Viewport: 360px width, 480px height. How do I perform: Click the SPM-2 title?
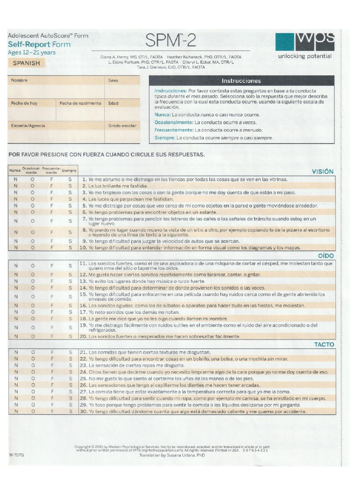pyautogui.click(x=171, y=41)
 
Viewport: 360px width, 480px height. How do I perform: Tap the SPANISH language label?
pyautogui.click(x=26, y=63)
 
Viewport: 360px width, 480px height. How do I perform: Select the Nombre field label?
pyautogui.click(x=20, y=81)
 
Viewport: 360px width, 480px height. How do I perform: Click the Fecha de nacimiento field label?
pyautogui.click(x=80, y=103)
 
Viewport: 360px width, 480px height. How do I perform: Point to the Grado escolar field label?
pyautogui.click(x=122, y=126)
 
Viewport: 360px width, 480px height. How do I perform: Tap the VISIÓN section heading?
pyautogui.click(x=323, y=172)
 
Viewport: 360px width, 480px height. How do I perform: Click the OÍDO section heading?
pyautogui.click(x=326, y=255)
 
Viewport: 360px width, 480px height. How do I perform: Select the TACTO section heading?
pyautogui.click(x=324, y=345)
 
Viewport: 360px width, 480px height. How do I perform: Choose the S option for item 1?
pyautogui.click(x=70, y=180)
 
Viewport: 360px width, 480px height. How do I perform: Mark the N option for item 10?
pyautogui.click(x=16, y=247)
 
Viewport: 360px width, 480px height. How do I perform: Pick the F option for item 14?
pyautogui.click(x=52, y=288)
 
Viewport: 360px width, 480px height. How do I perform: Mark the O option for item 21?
pyautogui.click(x=33, y=352)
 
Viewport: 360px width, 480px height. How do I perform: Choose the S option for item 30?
pyautogui.click(x=70, y=412)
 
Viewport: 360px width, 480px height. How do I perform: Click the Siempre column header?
pyautogui.click(x=69, y=171)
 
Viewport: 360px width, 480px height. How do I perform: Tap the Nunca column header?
pyautogui.click(x=15, y=171)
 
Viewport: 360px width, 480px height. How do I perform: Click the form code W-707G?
pyautogui.click(x=16, y=454)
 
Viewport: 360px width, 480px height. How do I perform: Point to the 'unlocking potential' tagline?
pyautogui.click(x=305, y=56)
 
